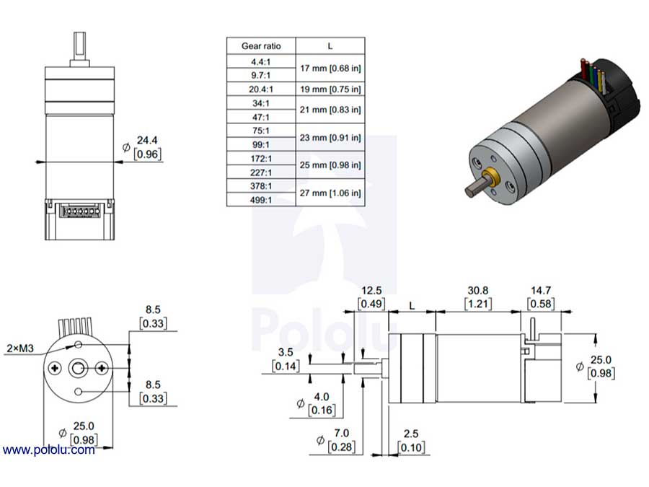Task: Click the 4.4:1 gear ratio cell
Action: pyautogui.click(x=261, y=62)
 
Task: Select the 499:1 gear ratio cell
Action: pyautogui.click(x=261, y=200)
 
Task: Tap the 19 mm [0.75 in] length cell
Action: pyautogui.click(x=330, y=89)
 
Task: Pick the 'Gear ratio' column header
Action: pyautogui.click(x=261, y=46)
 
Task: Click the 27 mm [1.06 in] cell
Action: pyautogui.click(x=330, y=193)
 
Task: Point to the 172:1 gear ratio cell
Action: pyautogui.click(x=261, y=158)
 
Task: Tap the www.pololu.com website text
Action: pyautogui.click(x=48, y=450)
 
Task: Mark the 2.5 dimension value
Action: pyautogui.click(x=412, y=434)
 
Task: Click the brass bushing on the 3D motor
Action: pyautogui.click(x=494, y=177)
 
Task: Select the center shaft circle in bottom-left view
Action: pyautogui.click(x=78, y=369)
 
